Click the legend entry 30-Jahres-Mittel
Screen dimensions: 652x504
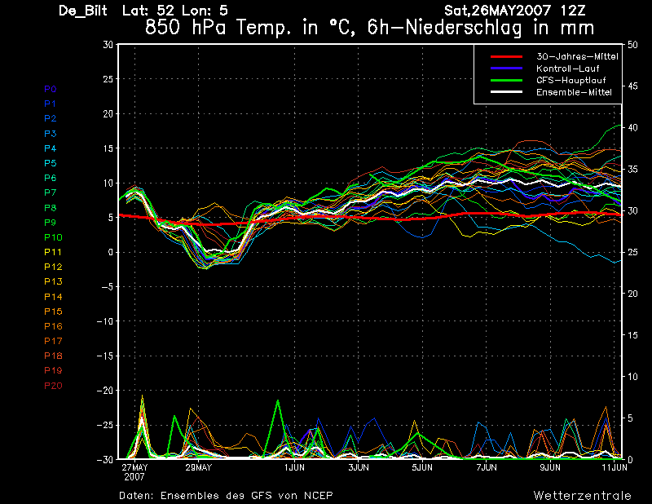coord(577,56)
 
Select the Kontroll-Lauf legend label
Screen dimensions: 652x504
coord(567,69)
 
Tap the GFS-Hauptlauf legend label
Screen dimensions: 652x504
coord(571,80)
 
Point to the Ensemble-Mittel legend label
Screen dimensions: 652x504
coord(574,92)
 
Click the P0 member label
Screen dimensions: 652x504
coord(51,89)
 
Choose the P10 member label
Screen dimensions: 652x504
coord(53,237)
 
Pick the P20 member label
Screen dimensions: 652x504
coord(53,386)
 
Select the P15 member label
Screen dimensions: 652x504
coord(53,312)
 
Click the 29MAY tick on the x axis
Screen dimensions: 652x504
coord(198,467)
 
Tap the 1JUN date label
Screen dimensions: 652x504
coord(294,467)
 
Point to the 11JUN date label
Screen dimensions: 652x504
coord(615,467)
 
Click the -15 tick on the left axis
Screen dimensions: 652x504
coord(105,356)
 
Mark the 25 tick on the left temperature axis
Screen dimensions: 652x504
coord(108,78)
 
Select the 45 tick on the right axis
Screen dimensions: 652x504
coord(632,86)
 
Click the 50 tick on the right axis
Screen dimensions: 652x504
coord(632,45)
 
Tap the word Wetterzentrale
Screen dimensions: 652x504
coord(583,496)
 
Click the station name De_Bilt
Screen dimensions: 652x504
coord(83,11)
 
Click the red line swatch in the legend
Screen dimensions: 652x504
coord(506,56)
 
